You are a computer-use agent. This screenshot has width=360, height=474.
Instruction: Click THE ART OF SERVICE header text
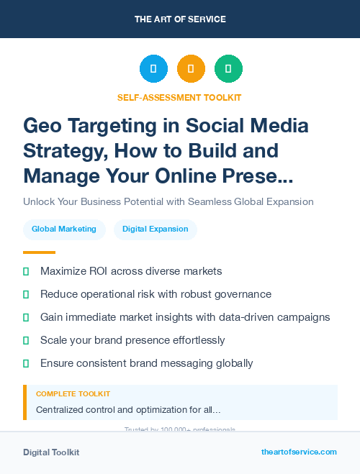pos(180,19)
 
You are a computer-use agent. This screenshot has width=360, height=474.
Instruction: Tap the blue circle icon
pos(153,69)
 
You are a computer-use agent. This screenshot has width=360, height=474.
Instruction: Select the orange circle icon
pos(191,69)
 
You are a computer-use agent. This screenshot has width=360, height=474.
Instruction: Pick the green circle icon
pos(228,69)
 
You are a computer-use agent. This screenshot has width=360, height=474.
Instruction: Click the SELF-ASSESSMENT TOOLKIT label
pos(179,97)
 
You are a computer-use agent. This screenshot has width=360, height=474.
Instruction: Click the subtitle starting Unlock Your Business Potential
pos(168,201)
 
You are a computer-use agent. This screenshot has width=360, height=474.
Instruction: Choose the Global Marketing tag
pos(64,229)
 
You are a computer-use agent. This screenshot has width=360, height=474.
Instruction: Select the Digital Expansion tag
pos(155,229)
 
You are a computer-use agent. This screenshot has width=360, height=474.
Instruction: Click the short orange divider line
pos(39,252)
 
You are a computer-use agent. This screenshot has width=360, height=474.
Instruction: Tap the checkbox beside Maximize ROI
pos(27,272)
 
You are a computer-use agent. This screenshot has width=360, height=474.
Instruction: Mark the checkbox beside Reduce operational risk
pos(27,295)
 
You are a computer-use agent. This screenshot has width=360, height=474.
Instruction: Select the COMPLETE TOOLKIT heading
pos(73,394)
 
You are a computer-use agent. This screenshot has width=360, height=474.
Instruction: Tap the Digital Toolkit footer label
pos(51,452)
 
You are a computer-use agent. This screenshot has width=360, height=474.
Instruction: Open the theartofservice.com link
pos(299,452)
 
